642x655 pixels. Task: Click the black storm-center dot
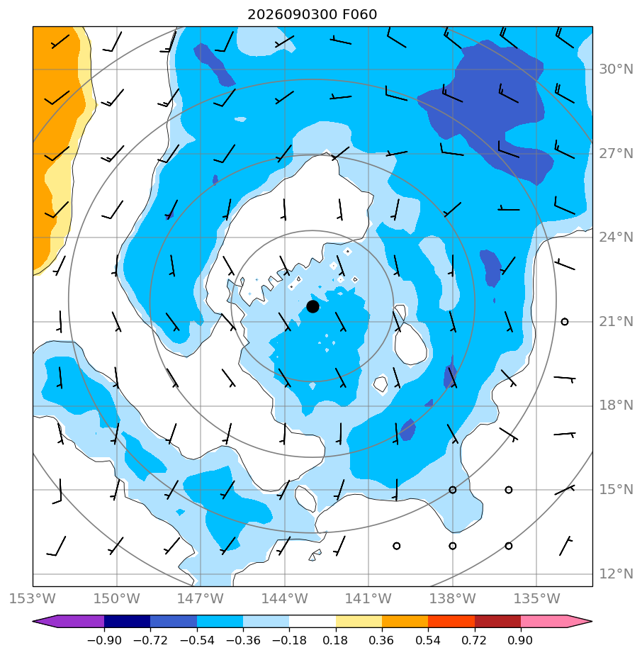pos(312,307)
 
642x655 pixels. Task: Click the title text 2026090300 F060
pos(312,15)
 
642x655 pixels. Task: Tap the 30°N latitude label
pos(616,69)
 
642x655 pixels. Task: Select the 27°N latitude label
pos(616,154)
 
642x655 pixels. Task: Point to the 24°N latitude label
pos(616,237)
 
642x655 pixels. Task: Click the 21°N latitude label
pos(616,322)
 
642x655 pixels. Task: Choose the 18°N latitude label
pos(616,405)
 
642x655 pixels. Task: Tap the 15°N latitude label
pos(616,489)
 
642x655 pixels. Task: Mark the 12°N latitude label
pos(616,573)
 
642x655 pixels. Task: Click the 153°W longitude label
pos(33,598)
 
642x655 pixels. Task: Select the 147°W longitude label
pos(201,598)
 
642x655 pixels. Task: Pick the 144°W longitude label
pos(284,598)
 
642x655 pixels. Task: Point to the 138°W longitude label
pos(452,598)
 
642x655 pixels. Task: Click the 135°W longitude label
pos(536,598)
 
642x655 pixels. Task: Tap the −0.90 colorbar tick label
pos(104,640)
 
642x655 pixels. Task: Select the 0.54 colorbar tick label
pos(428,640)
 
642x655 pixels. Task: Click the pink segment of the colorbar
pos(544,621)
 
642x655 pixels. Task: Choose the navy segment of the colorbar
pos(127,621)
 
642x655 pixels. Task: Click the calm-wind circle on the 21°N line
pos(565,322)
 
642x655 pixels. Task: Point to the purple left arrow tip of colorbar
pos(33,621)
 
